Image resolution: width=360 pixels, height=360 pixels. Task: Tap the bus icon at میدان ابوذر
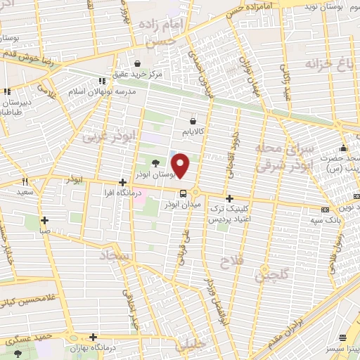tap(183, 193)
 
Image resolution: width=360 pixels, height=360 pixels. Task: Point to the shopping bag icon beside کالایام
tap(192, 121)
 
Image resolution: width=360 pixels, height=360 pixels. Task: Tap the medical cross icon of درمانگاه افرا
tap(122, 182)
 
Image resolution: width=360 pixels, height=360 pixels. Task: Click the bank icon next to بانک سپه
tap(324, 210)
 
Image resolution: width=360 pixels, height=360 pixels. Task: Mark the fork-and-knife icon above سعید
tap(25, 181)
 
